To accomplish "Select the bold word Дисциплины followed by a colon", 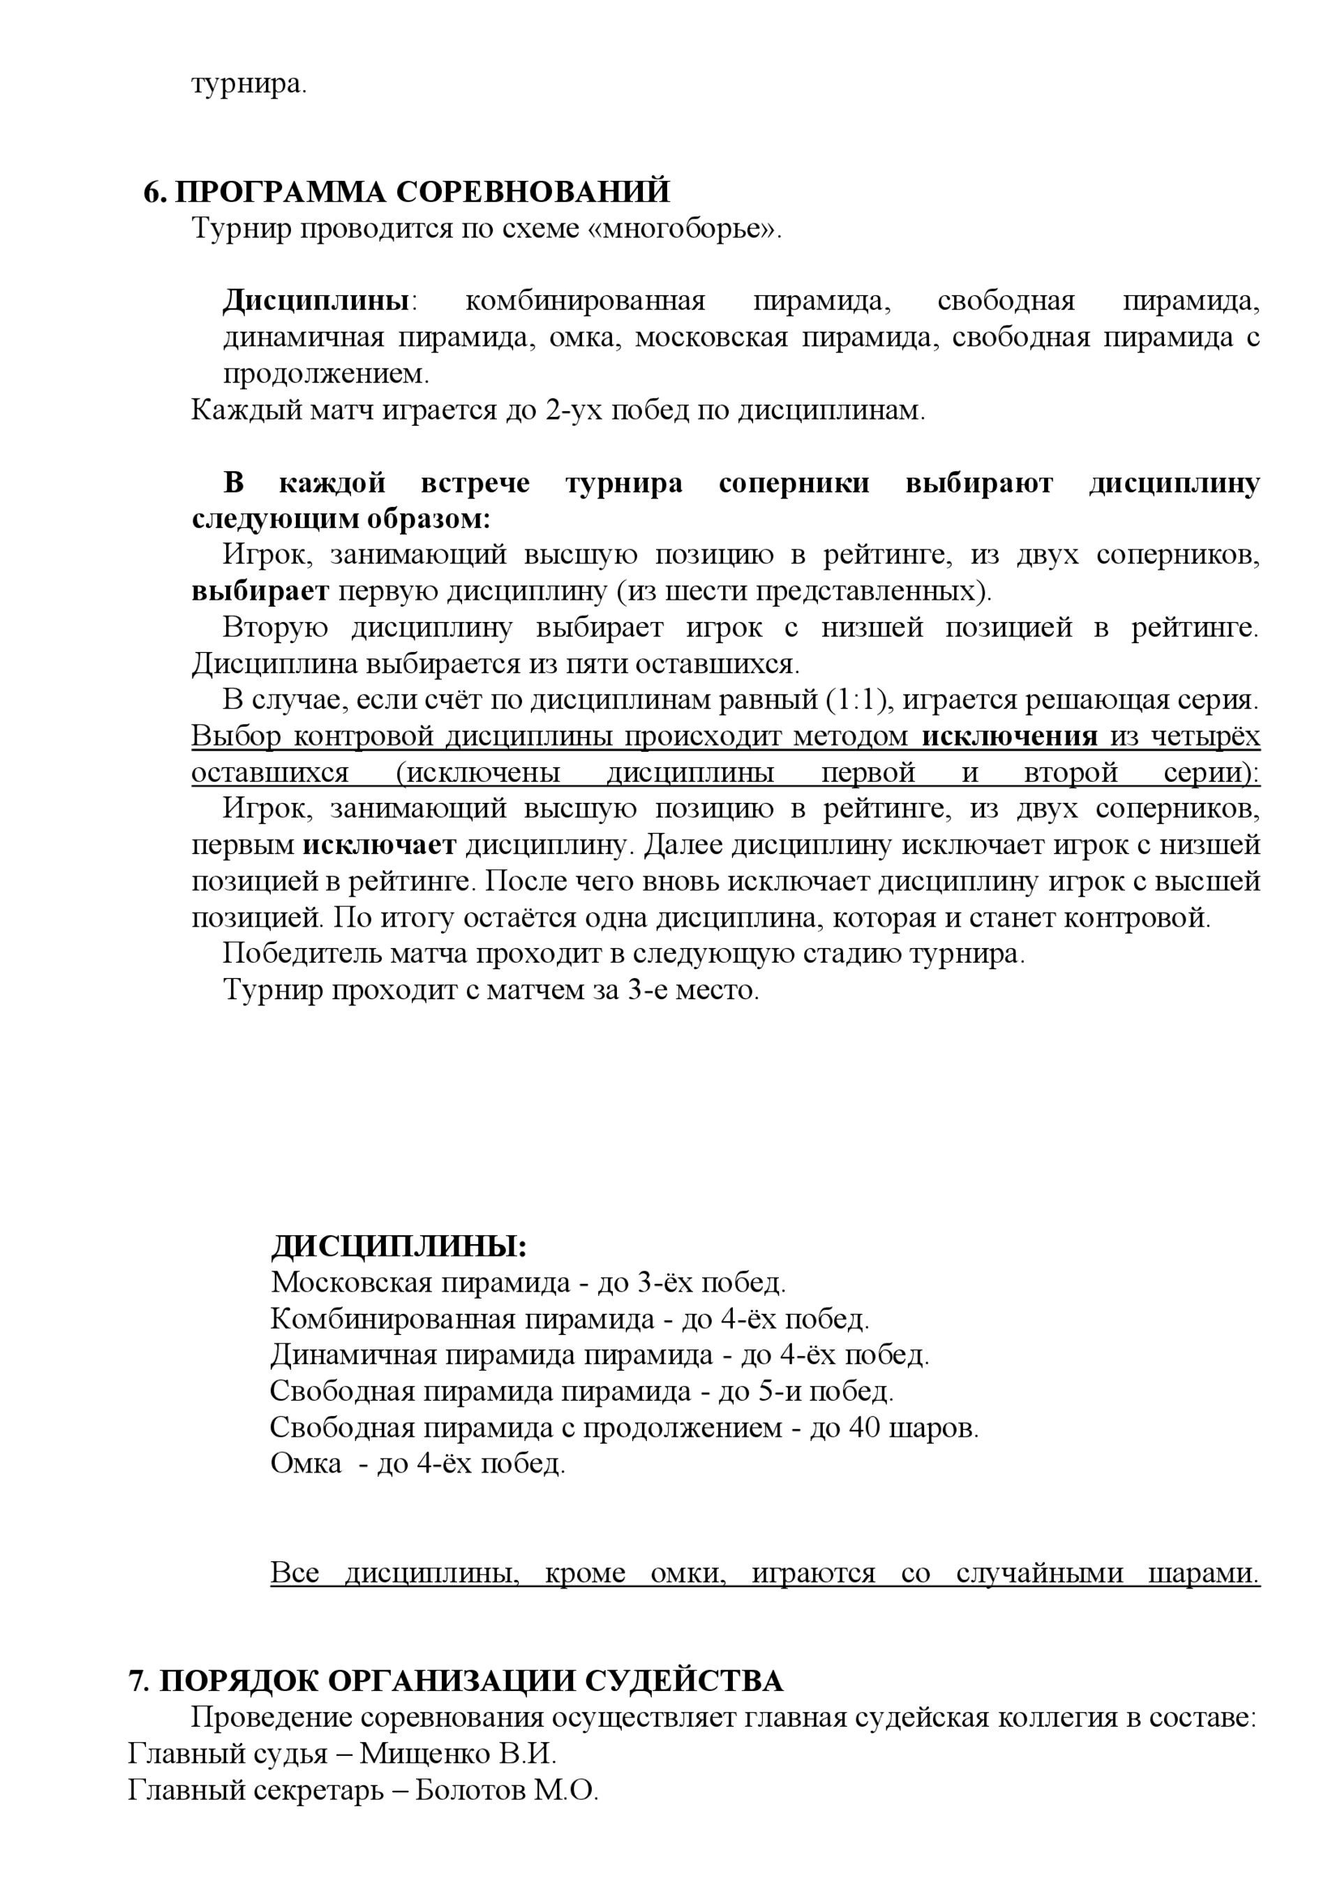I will [316, 301].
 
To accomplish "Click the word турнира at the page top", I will [248, 84].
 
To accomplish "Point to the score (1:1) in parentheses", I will [859, 700].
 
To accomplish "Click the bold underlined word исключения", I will [1010, 736].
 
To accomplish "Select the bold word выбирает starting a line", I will [260, 591].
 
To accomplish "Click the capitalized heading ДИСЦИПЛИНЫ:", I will [399, 1246].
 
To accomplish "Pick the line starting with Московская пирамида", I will [527, 1283].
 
